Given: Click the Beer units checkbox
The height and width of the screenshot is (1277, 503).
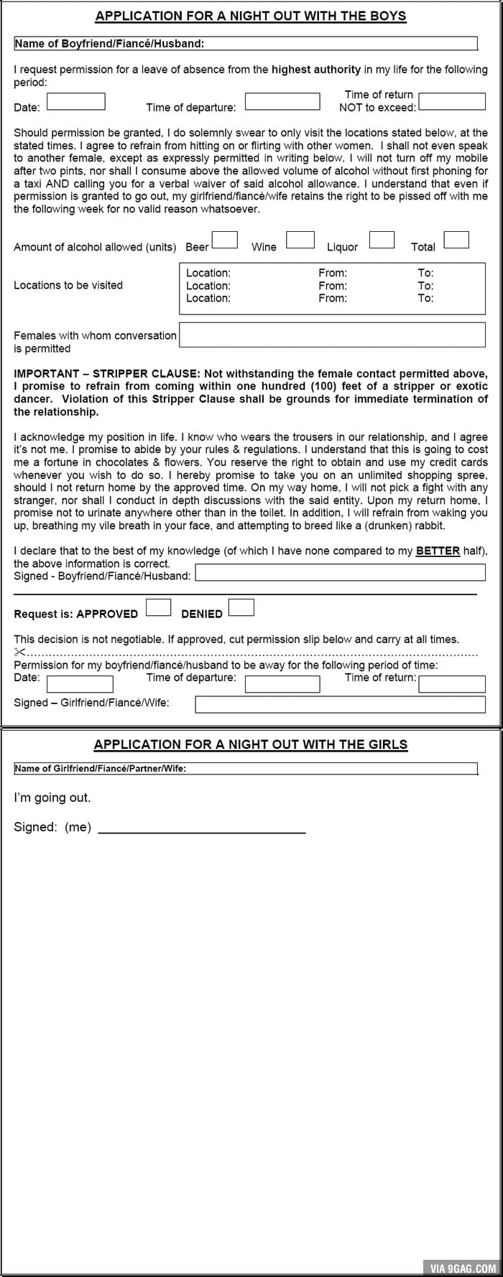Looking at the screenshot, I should tap(224, 240).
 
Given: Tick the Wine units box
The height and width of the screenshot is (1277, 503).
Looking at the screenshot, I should tap(300, 240).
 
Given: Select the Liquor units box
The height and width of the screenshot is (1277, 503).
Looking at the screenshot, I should tap(382, 240).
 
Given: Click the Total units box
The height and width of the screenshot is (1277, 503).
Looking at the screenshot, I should tap(456, 240).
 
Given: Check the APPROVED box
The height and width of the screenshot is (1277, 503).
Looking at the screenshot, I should tap(158, 608).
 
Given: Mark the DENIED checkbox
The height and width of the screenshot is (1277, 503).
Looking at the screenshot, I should tap(241, 608).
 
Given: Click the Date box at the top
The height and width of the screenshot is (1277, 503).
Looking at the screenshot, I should tap(76, 102).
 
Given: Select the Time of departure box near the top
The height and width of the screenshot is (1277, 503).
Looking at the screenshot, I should tap(282, 102).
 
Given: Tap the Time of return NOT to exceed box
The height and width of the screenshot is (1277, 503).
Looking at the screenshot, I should tap(452, 102).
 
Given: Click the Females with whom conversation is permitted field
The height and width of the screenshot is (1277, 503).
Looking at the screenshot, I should tap(332, 335).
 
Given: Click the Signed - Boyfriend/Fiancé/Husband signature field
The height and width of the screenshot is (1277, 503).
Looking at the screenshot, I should tap(340, 573).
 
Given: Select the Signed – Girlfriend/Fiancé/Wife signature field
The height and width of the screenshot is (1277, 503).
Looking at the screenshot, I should tap(340, 704).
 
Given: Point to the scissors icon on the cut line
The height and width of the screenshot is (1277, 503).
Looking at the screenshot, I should tap(19, 652).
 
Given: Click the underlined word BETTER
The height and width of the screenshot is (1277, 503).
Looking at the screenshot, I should tap(437, 551).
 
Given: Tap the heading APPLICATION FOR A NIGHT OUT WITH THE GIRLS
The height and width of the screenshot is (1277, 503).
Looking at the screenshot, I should tap(251, 744).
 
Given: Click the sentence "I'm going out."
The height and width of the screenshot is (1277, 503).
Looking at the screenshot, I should tap(52, 797).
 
